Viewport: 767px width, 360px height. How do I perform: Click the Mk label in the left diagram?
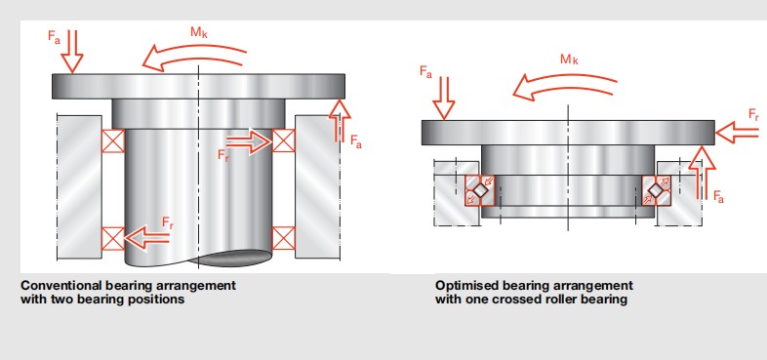pos(199,33)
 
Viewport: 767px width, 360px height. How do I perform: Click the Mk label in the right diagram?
pos(569,60)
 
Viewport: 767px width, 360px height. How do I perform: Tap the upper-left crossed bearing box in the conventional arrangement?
pos(113,140)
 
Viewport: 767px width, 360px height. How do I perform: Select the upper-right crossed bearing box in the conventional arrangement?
pos(284,140)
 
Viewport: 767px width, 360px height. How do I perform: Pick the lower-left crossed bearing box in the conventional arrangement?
pos(113,239)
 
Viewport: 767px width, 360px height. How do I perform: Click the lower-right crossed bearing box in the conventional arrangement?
pos(284,238)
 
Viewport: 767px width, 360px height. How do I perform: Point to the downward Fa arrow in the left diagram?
pos(72,52)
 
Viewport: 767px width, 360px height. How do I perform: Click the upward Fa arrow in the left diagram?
pos(340,120)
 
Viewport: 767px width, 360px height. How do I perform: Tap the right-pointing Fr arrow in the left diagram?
pos(249,141)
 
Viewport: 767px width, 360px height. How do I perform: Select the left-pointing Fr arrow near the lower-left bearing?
pos(146,238)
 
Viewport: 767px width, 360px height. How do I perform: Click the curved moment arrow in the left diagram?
pos(195,55)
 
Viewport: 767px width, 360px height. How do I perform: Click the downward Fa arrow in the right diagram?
pos(444,98)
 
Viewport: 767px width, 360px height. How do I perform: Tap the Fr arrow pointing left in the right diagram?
pos(737,132)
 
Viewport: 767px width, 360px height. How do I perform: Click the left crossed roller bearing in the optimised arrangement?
pos(480,190)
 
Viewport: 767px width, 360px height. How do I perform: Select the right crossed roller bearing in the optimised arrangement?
pos(657,190)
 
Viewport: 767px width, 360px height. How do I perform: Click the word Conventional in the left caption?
pos(61,285)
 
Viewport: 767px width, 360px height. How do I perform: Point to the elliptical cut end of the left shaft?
pos(231,259)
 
